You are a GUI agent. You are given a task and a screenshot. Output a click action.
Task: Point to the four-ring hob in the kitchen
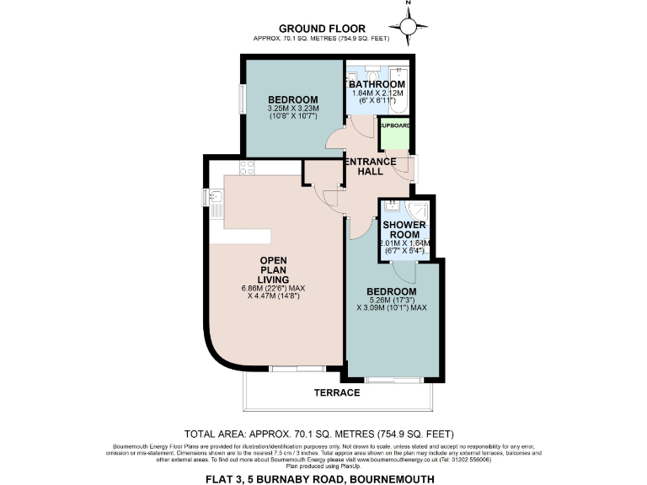coord(249,167)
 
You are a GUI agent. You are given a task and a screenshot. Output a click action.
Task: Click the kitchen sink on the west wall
coord(217,199)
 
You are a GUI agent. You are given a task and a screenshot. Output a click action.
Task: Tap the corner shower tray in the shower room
coord(419,211)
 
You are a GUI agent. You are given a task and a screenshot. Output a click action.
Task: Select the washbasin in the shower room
coord(393,206)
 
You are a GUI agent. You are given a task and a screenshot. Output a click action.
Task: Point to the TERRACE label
coord(339,393)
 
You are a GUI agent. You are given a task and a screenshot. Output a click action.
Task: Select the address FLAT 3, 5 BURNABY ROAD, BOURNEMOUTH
coord(323,477)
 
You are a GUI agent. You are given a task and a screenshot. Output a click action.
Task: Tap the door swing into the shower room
coord(402,272)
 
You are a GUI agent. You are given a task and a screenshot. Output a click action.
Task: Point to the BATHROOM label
coord(377,84)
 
